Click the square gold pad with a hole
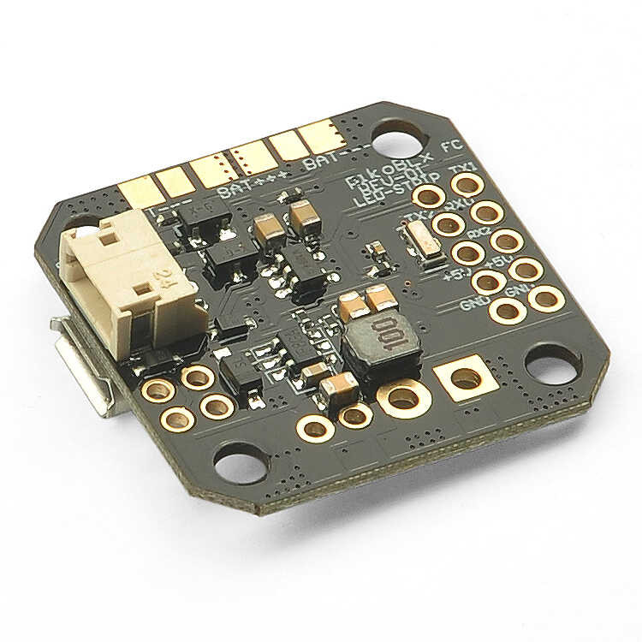[x=463, y=377]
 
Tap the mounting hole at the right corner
[x=552, y=366]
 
